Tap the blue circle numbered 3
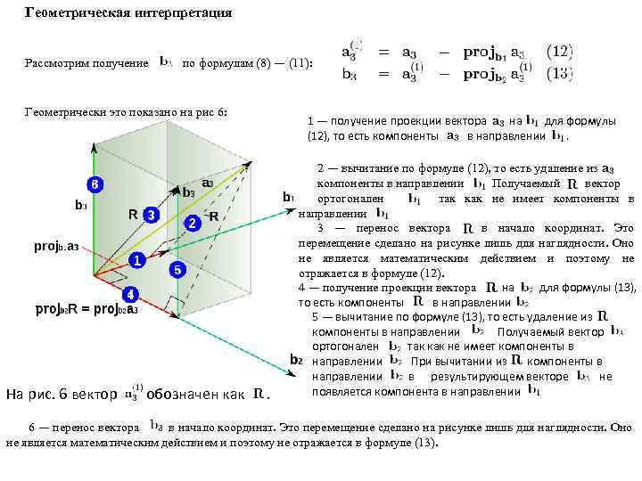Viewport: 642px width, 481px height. pyautogui.click(x=152, y=216)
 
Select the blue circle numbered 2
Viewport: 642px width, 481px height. pyautogui.click(x=192, y=223)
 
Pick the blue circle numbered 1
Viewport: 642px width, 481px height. pyautogui.click(x=136, y=260)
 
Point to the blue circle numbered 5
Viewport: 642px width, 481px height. pyautogui.click(x=177, y=269)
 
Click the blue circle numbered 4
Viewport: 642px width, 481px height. pyautogui.click(x=129, y=293)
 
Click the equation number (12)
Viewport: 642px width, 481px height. pyautogui.click(x=559, y=53)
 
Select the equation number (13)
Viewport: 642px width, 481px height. pyautogui.click(x=559, y=74)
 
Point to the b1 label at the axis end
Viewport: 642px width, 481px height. pyautogui.click(x=288, y=197)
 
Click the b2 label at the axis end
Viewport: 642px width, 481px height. pyautogui.click(x=296, y=360)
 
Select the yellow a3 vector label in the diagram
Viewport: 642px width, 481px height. pyautogui.click(x=207, y=183)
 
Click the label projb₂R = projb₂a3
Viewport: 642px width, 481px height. pyautogui.click(x=86, y=309)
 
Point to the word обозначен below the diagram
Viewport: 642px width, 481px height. pyautogui.click(x=185, y=394)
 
